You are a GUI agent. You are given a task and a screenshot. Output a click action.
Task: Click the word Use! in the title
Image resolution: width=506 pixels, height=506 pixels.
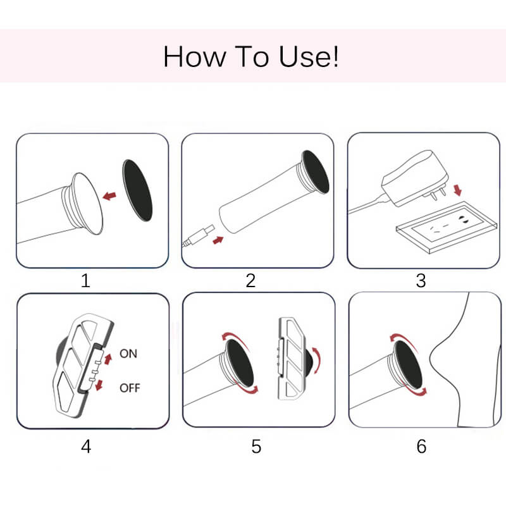(x=309, y=56)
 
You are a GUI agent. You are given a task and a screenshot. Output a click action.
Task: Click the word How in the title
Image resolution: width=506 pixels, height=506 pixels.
(x=195, y=56)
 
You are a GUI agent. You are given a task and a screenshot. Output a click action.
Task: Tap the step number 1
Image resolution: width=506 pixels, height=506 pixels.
(x=85, y=280)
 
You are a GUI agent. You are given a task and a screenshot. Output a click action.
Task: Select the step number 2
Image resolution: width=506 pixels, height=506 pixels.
(x=250, y=280)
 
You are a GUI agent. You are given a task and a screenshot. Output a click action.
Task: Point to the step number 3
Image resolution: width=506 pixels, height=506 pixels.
(x=421, y=280)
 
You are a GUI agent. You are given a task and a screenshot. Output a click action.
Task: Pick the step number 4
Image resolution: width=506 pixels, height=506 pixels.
(x=86, y=447)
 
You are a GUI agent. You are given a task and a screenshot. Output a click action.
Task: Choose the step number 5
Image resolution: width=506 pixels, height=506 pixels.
(x=256, y=447)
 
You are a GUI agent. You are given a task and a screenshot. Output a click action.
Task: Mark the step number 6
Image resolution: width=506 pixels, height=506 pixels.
(x=421, y=447)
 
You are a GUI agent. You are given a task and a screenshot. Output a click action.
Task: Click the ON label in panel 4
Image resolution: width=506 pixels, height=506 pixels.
(x=128, y=354)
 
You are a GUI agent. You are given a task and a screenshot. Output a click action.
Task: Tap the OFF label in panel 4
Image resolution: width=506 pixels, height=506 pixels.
(x=130, y=388)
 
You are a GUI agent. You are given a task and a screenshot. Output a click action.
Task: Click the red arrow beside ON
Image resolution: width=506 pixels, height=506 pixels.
(x=108, y=359)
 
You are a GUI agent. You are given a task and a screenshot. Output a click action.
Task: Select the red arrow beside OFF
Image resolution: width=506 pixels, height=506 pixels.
(x=99, y=385)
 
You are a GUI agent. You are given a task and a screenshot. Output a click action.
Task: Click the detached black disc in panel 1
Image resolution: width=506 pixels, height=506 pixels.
(x=137, y=190)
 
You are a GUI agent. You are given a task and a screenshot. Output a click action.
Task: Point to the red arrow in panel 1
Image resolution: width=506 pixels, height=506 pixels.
(x=109, y=195)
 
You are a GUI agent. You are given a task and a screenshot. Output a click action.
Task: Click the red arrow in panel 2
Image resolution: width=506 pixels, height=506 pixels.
(x=218, y=240)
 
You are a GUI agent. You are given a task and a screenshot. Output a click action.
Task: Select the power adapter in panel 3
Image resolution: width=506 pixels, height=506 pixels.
(x=415, y=178)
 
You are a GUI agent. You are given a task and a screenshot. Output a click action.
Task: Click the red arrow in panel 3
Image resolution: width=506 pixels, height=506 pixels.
(x=457, y=190)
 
